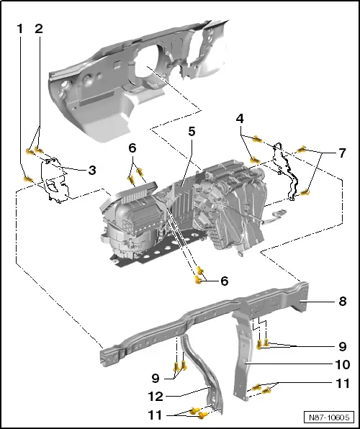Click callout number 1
20,29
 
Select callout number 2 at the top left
38,29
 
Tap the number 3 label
91,171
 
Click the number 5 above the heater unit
192,132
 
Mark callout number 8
343,302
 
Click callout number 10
343,365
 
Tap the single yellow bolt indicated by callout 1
27,179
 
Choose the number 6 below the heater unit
224,281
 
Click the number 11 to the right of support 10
343,384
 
